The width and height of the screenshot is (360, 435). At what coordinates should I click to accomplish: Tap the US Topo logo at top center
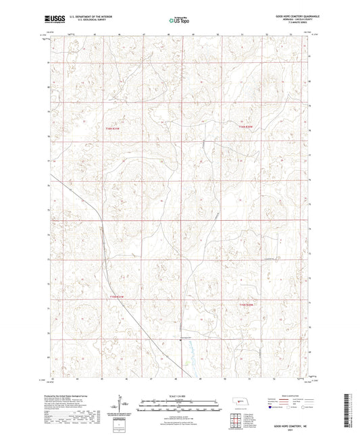[x=178, y=20]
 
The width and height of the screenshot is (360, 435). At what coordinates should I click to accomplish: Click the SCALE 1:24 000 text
[x=179, y=396]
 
